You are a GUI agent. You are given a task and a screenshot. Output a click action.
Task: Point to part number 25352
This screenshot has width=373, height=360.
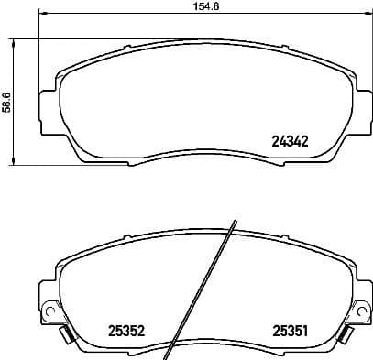[x=128, y=332]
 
